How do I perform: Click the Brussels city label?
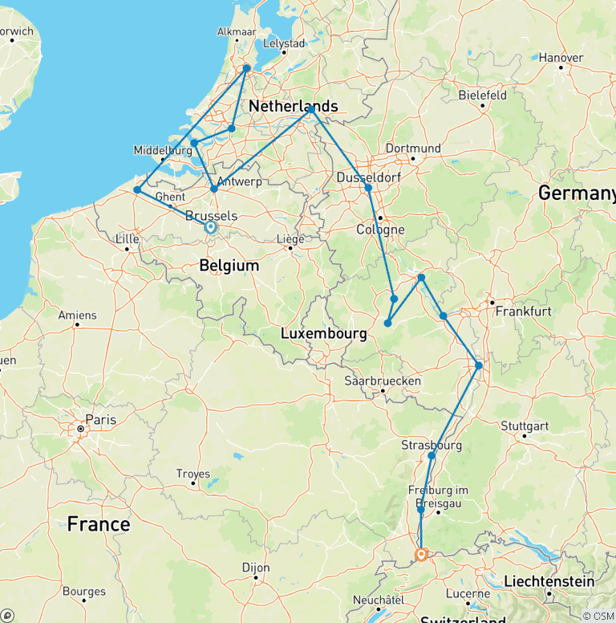tap(210, 216)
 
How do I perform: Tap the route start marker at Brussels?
tap(210, 228)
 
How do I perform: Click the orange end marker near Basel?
tap(420, 554)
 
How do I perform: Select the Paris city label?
tap(100, 420)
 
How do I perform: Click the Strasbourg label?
tap(432, 445)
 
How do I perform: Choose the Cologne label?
tap(379, 230)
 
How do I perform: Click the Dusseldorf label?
tap(365, 177)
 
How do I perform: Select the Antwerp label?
tap(241, 181)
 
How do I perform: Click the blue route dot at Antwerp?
tap(213, 189)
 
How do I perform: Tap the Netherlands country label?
tap(293, 107)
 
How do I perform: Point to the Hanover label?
tap(561, 57)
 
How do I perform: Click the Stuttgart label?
tap(525, 426)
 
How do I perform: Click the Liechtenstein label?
tap(549, 581)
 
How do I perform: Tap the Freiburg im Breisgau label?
tap(437, 496)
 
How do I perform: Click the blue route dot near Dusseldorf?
tap(368, 188)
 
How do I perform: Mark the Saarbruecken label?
tap(383, 381)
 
